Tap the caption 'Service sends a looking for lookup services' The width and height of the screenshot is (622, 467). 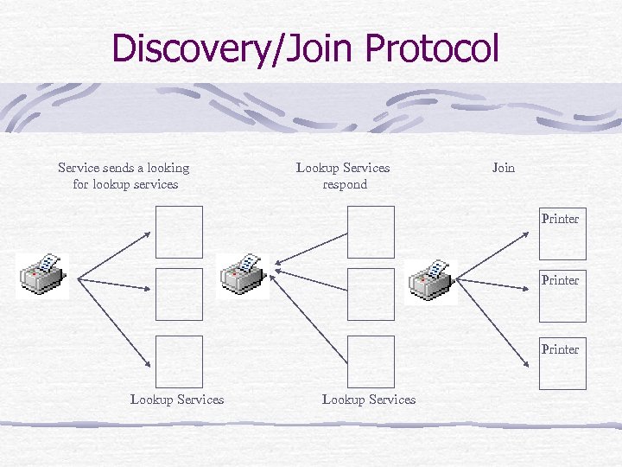click(124, 176)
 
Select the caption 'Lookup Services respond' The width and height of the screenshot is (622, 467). click(343, 176)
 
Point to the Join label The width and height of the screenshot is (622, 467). click(503, 168)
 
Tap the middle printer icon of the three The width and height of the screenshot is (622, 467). click(243, 275)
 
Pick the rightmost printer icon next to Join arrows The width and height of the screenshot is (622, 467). click(430, 278)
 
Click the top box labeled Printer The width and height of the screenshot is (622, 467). click(562, 233)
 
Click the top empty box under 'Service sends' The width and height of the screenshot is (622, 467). click(179, 232)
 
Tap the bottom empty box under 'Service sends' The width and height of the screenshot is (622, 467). click(179, 361)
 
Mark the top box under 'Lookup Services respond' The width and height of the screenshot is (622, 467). click(371, 232)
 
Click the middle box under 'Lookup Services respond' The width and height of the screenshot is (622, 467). click(371, 294)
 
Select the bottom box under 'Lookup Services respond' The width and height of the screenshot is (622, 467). click(371, 361)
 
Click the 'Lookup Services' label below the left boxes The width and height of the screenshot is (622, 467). click(177, 400)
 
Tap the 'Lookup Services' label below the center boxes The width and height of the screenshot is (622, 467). click(369, 400)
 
